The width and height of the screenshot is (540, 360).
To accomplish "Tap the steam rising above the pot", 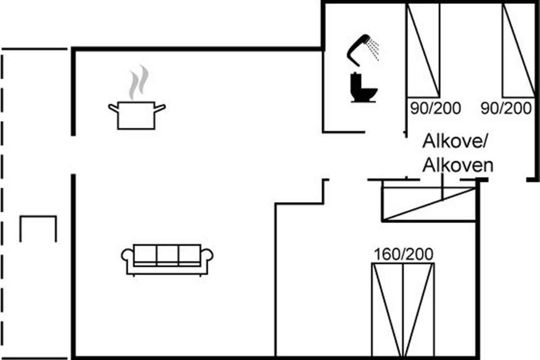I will point(138,82).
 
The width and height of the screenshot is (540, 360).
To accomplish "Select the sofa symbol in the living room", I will point(167,259).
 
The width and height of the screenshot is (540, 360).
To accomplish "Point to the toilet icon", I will point(363,88).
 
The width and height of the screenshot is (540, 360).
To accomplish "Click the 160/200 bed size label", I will point(404,255).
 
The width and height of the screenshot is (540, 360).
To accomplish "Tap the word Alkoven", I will point(458,166).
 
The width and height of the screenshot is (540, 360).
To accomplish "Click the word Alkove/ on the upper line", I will point(455,142).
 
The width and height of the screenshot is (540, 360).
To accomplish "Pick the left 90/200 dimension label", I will point(436,108).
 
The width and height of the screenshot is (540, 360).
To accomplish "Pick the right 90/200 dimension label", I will point(506,108).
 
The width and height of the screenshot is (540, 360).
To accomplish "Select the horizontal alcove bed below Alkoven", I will point(429,204).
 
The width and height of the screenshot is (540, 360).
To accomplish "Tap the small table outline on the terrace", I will point(38,228).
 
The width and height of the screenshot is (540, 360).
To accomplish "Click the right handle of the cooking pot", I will point(160,107).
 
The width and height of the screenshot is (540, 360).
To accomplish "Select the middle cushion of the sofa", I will point(167,254).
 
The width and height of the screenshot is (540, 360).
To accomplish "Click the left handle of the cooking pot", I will point(113,107).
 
